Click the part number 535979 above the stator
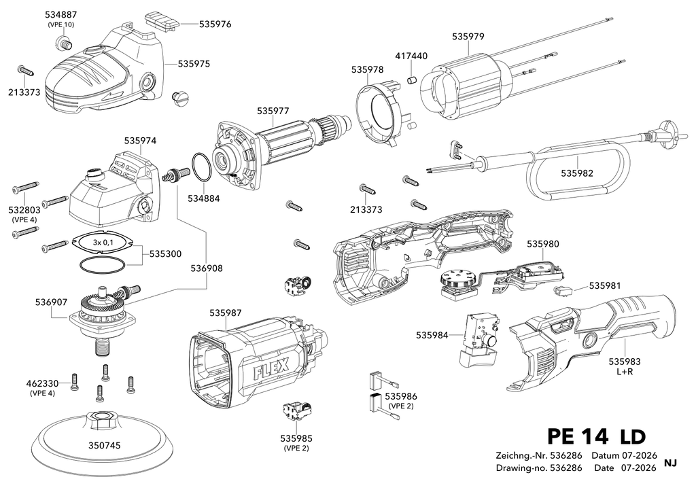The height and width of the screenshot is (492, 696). (468, 37)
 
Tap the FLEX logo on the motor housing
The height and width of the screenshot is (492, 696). (271, 368)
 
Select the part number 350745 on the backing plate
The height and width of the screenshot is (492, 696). (104, 445)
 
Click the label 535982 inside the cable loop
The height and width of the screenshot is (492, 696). (576, 173)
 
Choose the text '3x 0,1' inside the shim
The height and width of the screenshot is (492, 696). (103, 242)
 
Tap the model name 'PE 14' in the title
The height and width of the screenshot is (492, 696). (578, 436)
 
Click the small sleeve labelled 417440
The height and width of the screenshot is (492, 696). (413, 81)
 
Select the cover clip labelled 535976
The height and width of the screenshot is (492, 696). (162, 22)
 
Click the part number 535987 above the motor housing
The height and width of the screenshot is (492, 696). (226, 313)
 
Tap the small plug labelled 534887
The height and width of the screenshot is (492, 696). (63, 43)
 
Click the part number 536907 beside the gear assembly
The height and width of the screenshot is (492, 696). (51, 302)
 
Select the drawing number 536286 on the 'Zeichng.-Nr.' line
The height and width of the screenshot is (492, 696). (566, 455)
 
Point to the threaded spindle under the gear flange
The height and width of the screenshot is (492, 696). (102, 345)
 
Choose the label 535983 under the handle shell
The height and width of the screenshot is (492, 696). (625, 362)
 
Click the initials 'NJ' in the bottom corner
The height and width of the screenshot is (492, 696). (670, 463)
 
